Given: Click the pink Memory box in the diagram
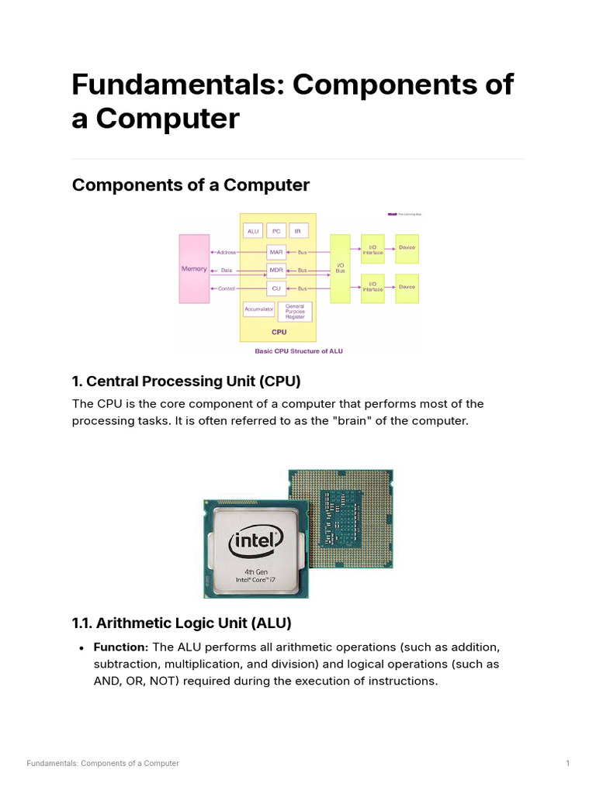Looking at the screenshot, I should point(194,268).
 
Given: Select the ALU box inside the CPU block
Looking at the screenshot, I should point(253,231).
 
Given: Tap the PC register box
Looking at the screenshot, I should point(275,231).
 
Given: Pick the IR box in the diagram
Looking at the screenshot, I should point(298,231).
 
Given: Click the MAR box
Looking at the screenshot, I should point(275,252).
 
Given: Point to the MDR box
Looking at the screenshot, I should point(275,270).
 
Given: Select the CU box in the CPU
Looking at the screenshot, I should point(275,288).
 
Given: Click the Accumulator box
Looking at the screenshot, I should point(259,309).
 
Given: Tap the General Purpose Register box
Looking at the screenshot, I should point(295,312).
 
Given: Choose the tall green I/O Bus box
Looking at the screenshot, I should point(340,268).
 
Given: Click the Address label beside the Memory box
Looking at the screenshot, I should point(226,252).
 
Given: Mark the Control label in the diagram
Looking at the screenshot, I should point(226,288).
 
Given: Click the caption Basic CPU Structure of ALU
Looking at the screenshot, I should point(299,351).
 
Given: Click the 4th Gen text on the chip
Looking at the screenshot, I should point(255,571).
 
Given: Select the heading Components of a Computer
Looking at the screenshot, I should point(190,185).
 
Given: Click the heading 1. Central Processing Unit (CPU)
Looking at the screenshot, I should point(185,381).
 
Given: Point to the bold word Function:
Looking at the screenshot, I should point(120,647).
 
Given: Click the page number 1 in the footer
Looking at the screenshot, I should point(567,764).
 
